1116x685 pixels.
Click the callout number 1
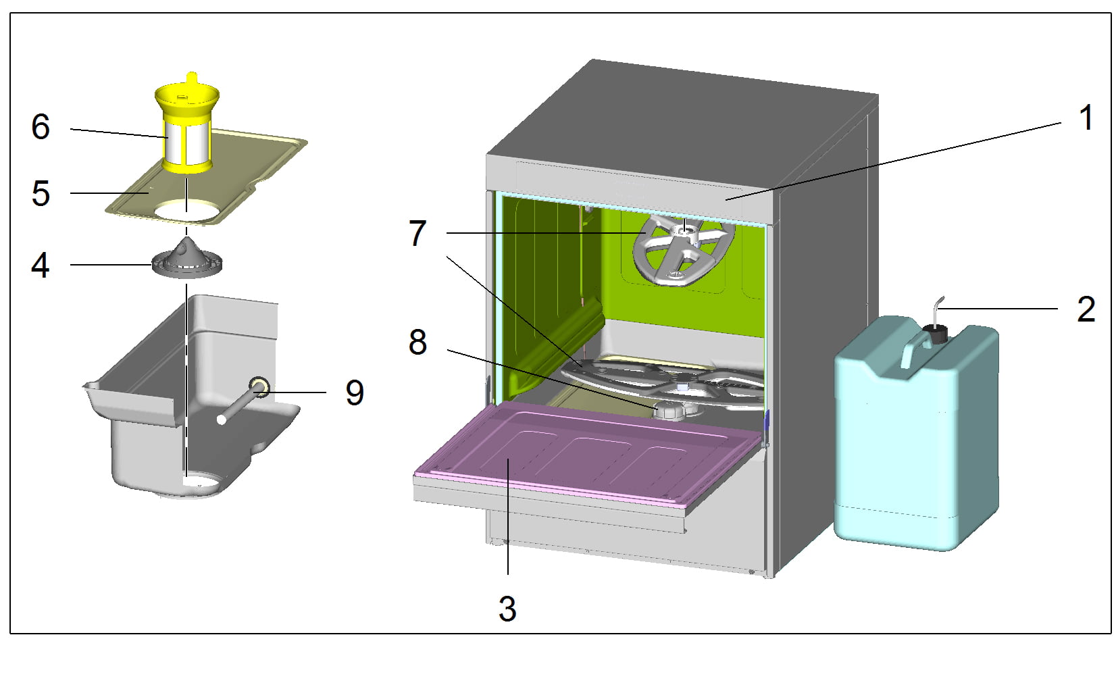[1086, 118]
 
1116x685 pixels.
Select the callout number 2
[1086, 309]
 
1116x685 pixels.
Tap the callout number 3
[507, 609]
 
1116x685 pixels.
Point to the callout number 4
[41, 265]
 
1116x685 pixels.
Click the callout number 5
[41, 194]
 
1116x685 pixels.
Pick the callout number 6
[41, 127]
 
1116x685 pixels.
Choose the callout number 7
[418, 234]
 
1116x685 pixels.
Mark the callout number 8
[418, 342]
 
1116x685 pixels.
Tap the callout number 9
[355, 392]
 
